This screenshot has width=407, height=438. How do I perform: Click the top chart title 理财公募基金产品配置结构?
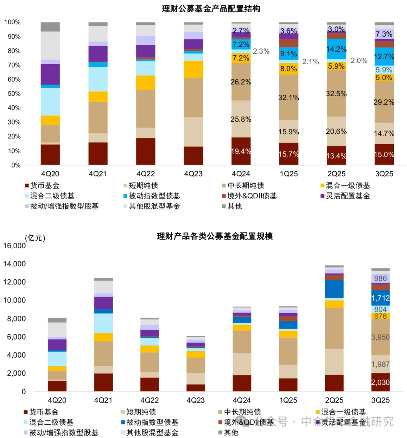(x=211, y=8)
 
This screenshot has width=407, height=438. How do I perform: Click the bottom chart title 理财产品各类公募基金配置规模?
(x=214, y=236)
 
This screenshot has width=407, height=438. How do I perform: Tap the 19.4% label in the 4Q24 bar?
(x=241, y=151)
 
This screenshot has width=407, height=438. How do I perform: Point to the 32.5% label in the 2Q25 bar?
(x=336, y=94)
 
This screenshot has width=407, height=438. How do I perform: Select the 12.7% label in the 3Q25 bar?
(x=384, y=57)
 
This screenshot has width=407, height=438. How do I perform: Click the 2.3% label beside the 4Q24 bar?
(x=261, y=51)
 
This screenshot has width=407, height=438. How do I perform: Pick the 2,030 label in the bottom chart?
(x=380, y=382)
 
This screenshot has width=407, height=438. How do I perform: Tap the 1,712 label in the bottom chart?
(x=380, y=298)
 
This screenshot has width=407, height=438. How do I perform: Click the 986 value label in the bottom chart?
(x=380, y=278)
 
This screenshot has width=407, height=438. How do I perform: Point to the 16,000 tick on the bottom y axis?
(x=14, y=246)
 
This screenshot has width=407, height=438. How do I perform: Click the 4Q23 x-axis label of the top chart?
(x=193, y=174)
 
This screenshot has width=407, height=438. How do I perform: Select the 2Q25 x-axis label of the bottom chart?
(x=334, y=400)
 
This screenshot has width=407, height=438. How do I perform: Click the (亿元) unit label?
(x=35, y=238)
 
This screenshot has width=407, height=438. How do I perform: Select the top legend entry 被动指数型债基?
(x=154, y=196)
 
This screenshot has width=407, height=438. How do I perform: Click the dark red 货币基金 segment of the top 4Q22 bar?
(x=145, y=151)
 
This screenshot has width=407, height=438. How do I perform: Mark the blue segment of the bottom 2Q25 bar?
(x=334, y=289)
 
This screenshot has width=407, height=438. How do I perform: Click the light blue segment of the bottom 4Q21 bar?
(x=103, y=323)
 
